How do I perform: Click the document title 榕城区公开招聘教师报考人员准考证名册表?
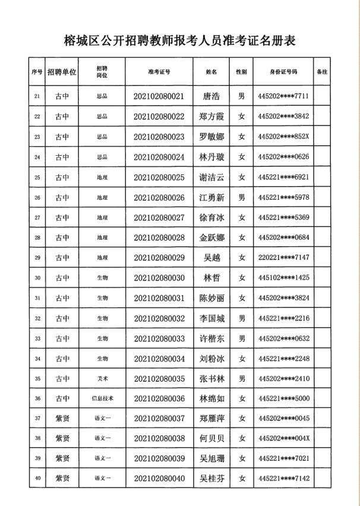pos(179,40)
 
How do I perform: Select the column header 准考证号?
pos(159,71)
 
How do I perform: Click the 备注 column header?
pos(322,71)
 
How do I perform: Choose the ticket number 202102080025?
pos(159,177)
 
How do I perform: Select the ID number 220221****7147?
pos(283,258)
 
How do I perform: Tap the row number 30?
pos(38,278)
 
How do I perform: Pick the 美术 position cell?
pos(102,379)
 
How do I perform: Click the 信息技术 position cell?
pos(102,399)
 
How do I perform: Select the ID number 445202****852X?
pos(283,137)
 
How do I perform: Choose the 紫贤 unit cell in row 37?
pos(62,419)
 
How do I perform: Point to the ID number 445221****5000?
pos(283,399)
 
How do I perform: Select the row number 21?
pos(38,96)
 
